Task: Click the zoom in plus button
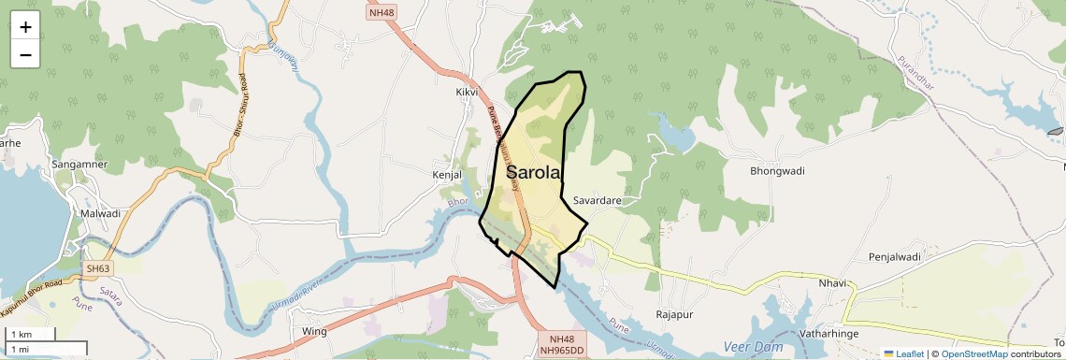pos(25,27)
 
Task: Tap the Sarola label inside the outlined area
pos(534,172)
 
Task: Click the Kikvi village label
pos(467,93)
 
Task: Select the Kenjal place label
pos(447,175)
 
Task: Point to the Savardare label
pos(598,201)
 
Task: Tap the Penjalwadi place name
pos(895,256)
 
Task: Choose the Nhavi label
pos(832,283)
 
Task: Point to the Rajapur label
pos(678,314)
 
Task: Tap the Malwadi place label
pos(101,213)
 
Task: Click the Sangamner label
pos(79,165)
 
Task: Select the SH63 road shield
pos(98,269)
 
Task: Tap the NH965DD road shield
pos(562,350)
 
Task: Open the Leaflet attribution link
pos(903,353)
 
